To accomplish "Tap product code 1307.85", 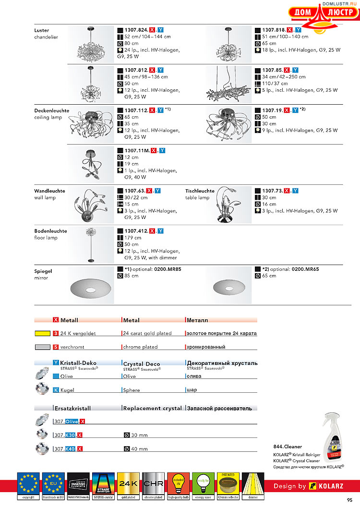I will (x=272, y=70).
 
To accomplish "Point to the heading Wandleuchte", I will (x=49, y=191).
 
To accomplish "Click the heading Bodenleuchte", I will (x=50, y=231).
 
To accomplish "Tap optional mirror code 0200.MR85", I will (x=167, y=269).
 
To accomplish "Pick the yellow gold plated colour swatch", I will (x=42, y=333).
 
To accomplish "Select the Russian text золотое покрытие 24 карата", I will (x=221, y=333).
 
